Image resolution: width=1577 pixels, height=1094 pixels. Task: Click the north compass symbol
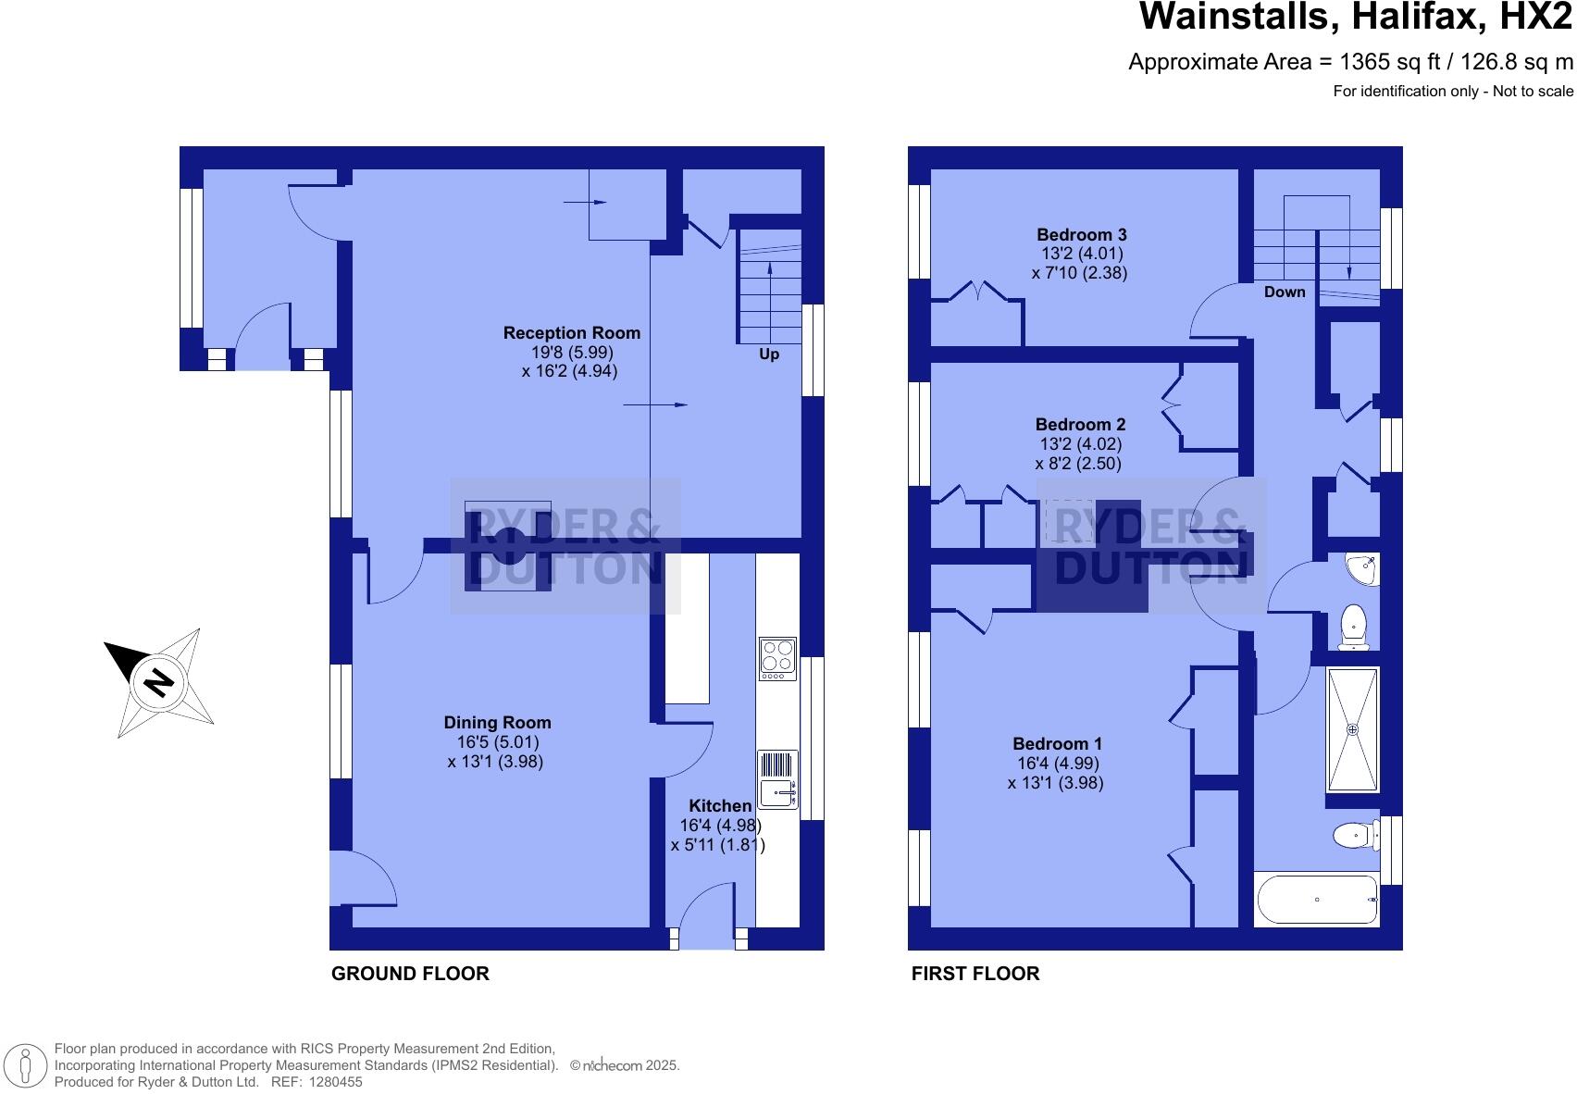click(x=159, y=682)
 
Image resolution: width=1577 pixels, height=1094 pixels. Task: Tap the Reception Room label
click(x=571, y=333)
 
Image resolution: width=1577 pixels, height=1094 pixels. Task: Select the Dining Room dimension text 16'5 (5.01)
click(x=498, y=742)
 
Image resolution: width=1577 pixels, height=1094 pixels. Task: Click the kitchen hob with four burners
click(x=777, y=658)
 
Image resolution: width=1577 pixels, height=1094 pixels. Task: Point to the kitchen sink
click(x=777, y=792)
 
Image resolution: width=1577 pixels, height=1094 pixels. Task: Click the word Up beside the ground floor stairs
click(x=769, y=354)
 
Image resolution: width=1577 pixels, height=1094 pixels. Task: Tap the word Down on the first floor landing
click(x=1285, y=292)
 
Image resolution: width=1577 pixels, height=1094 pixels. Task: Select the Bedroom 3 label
click(x=1081, y=235)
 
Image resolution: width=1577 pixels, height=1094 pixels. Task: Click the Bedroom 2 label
click(x=1080, y=425)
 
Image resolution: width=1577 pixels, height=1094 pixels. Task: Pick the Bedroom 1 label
click(x=1057, y=744)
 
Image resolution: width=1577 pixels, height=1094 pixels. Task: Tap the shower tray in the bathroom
click(x=1353, y=729)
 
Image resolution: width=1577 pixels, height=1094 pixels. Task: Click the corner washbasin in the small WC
click(x=1366, y=566)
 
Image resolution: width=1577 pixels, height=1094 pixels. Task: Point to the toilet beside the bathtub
click(x=1353, y=836)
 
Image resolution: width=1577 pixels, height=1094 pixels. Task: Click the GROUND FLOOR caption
click(x=410, y=974)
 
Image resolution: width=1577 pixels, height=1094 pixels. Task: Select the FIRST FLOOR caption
click(x=975, y=974)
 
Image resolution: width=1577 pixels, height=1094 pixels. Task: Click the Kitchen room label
click(x=720, y=806)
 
